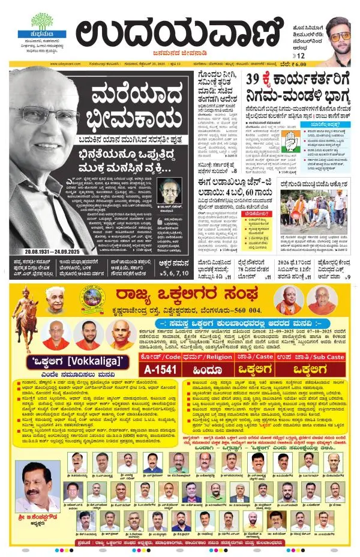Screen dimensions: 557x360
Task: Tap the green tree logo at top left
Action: point(41,22)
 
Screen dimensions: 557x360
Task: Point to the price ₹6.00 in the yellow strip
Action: point(343,63)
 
